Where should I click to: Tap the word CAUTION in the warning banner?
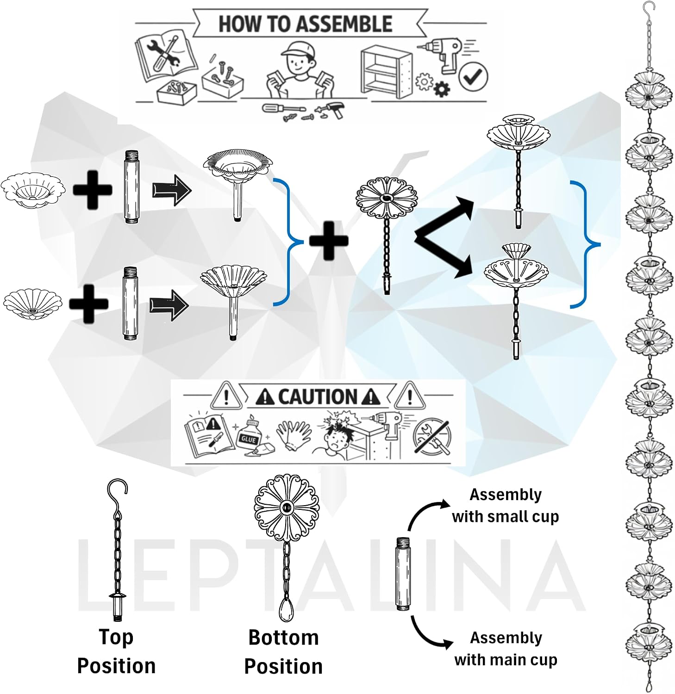(x=318, y=397)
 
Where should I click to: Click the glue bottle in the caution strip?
(x=250, y=434)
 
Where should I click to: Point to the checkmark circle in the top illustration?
(x=473, y=77)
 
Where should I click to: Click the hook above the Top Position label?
(x=117, y=493)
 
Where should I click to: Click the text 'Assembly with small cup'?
(x=506, y=505)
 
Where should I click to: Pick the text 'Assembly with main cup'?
(x=506, y=648)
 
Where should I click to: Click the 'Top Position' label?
(x=116, y=651)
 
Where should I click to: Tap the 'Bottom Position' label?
(x=283, y=652)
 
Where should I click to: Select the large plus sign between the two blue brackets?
(x=328, y=241)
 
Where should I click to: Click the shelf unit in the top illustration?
(x=386, y=71)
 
